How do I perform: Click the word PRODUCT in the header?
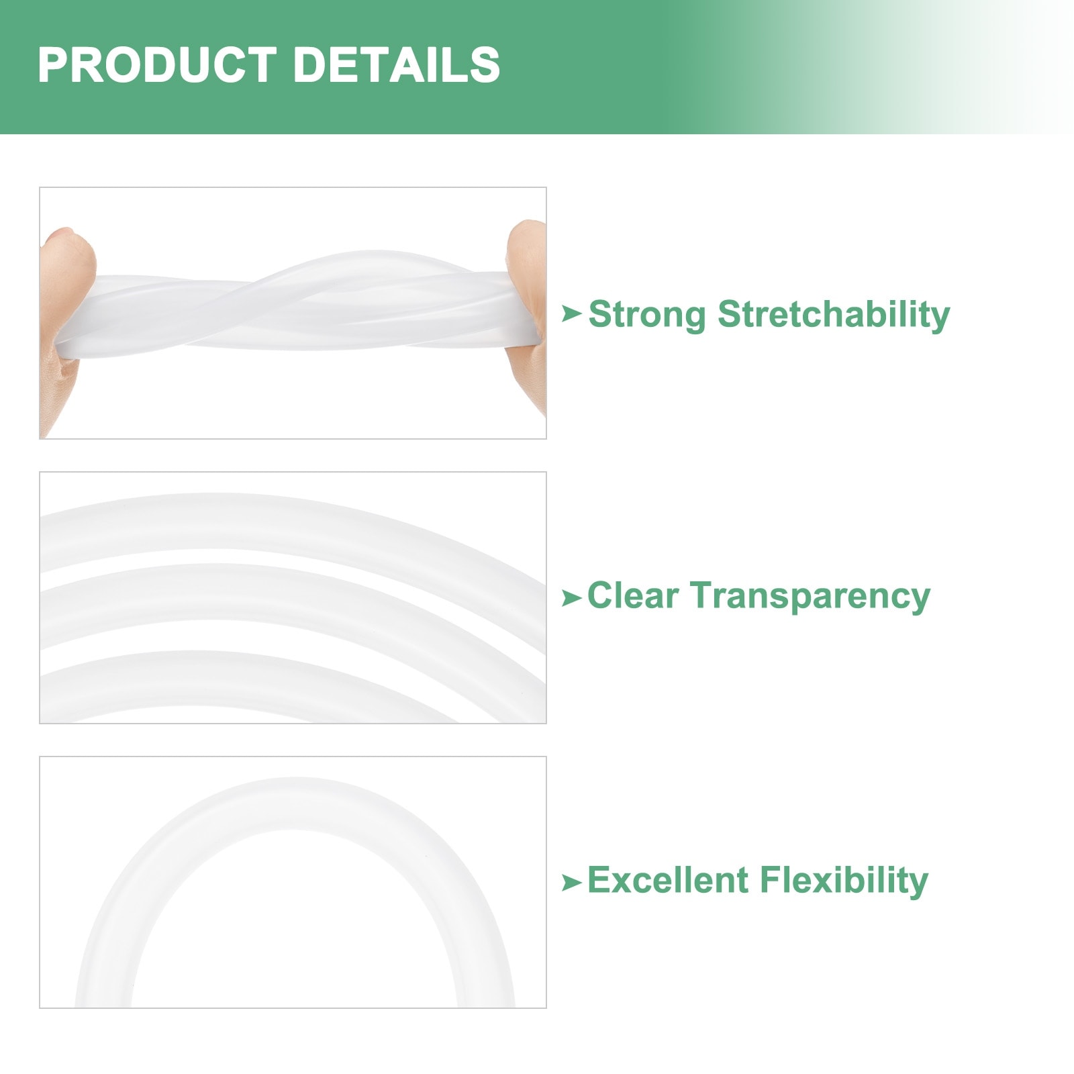click(157, 64)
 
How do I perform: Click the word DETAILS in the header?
click(397, 64)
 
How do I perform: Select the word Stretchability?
click(834, 315)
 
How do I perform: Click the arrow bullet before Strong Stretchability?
click(571, 313)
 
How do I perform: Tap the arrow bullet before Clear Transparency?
click(571, 597)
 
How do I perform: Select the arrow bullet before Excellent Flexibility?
click(571, 883)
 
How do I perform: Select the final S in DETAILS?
click(485, 64)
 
